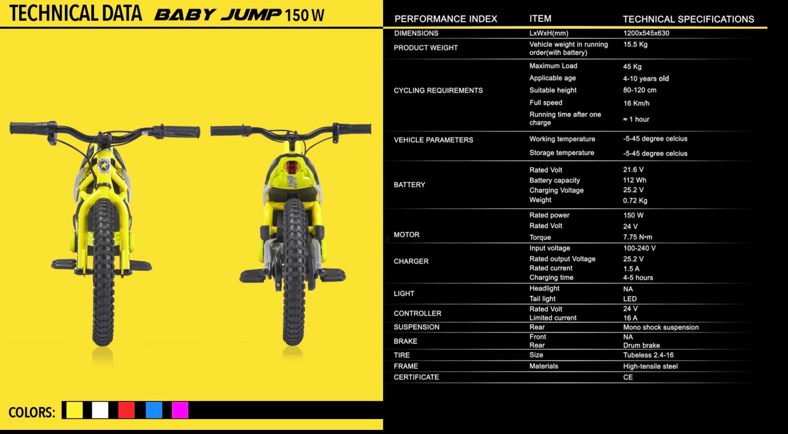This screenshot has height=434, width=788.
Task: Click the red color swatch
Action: [x=126, y=410]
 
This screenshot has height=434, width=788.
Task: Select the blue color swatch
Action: [x=154, y=410]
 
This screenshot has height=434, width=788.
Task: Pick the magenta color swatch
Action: [x=180, y=410]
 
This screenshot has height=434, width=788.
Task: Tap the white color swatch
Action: [x=100, y=410]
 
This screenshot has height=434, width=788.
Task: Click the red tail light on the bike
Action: [x=292, y=167]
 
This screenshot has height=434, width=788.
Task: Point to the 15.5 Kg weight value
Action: [x=635, y=44]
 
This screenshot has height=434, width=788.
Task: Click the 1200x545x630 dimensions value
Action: [x=646, y=33]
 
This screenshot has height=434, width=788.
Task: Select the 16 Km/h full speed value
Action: [x=636, y=103]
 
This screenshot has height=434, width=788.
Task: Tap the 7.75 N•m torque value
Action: [x=637, y=237]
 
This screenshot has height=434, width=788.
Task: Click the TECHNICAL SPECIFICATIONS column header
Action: [x=688, y=19]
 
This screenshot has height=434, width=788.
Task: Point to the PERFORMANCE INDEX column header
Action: [x=445, y=19]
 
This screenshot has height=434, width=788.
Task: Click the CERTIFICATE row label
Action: [x=416, y=377]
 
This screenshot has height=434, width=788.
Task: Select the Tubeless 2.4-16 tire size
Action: [x=648, y=355]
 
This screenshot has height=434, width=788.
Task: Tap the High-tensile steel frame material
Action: [x=650, y=366]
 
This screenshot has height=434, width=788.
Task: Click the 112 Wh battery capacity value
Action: [x=634, y=180]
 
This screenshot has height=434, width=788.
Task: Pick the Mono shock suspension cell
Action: [x=661, y=327]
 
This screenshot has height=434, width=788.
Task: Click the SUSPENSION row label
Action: [x=417, y=327]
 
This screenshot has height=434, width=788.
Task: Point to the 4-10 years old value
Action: [x=646, y=78]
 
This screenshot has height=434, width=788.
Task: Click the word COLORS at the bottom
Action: [x=32, y=412]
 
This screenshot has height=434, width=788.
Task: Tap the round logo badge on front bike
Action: [x=104, y=166]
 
